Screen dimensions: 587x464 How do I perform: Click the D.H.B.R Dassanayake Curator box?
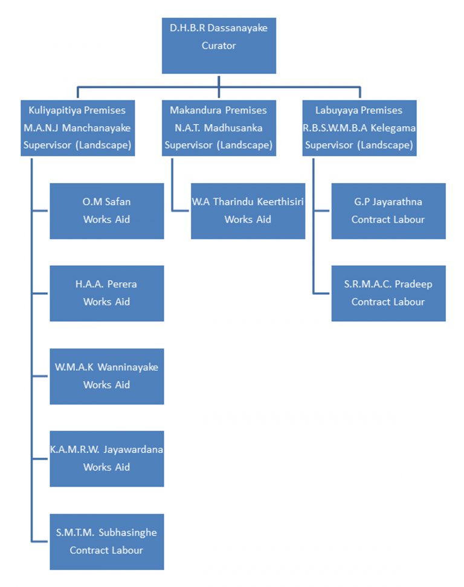click(x=219, y=46)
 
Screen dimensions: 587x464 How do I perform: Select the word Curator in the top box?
click(x=219, y=46)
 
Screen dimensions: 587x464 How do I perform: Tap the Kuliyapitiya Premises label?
click(x=77, y=111)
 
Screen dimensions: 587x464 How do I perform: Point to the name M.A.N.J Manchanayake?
click(x=77, y=128)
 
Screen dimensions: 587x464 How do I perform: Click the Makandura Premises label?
click(x=218, y=111)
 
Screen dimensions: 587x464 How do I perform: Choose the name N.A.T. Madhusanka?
click(x=218, y=128)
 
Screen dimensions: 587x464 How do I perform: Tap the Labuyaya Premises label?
click(x=359, y=111)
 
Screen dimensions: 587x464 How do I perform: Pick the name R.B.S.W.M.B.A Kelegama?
click(x=359, y=128)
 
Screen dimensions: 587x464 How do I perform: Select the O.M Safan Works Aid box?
click(x=106, y=211)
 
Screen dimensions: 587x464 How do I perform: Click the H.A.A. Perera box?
click(x=106, y=293)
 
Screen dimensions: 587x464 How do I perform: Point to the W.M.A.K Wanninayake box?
click(x=106, y=376)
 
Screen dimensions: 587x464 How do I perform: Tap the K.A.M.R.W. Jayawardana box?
click(x=106, y=458)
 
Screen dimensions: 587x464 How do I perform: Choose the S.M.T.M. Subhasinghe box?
click(x=106, y=541)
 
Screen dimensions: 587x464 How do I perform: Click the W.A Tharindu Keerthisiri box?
click(x=248, y=211)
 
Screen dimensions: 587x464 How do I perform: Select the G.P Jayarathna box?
click(x=388, y=211)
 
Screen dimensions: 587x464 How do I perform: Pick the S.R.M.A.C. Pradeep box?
click(x=388, y=293)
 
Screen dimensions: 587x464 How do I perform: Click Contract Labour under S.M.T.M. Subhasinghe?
click(x=106, y=550)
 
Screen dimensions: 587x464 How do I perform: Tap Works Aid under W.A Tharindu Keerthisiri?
click(x=248, y=220)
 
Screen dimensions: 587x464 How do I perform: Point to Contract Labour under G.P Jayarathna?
click(x=388, y=220)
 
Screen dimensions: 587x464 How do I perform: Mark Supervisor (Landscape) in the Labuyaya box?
click(x=359, y=146)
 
